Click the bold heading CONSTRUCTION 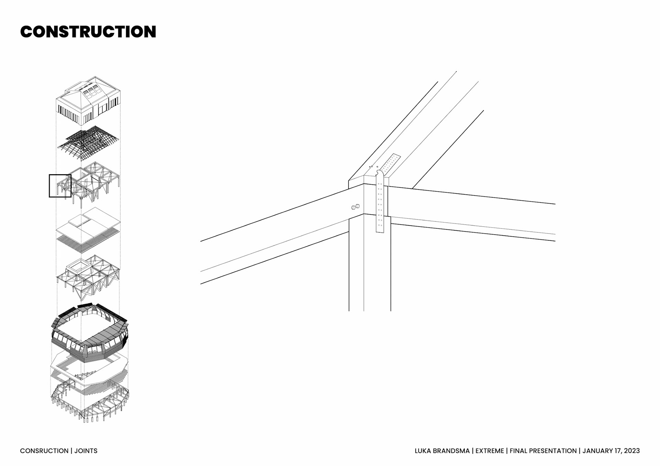[x=88, y=32]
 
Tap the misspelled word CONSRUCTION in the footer [x=44, y=451]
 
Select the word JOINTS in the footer [x=86, y=451]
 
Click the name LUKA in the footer [x=422, y=451]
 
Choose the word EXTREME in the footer [x=489, y=451]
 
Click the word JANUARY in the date [x=597, y=451]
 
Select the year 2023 [x=631, y=451]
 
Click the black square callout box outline [x=49, y=186]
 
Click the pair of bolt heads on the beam [x=355, y=207]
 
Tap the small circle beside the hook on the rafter [x=377, y=167]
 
